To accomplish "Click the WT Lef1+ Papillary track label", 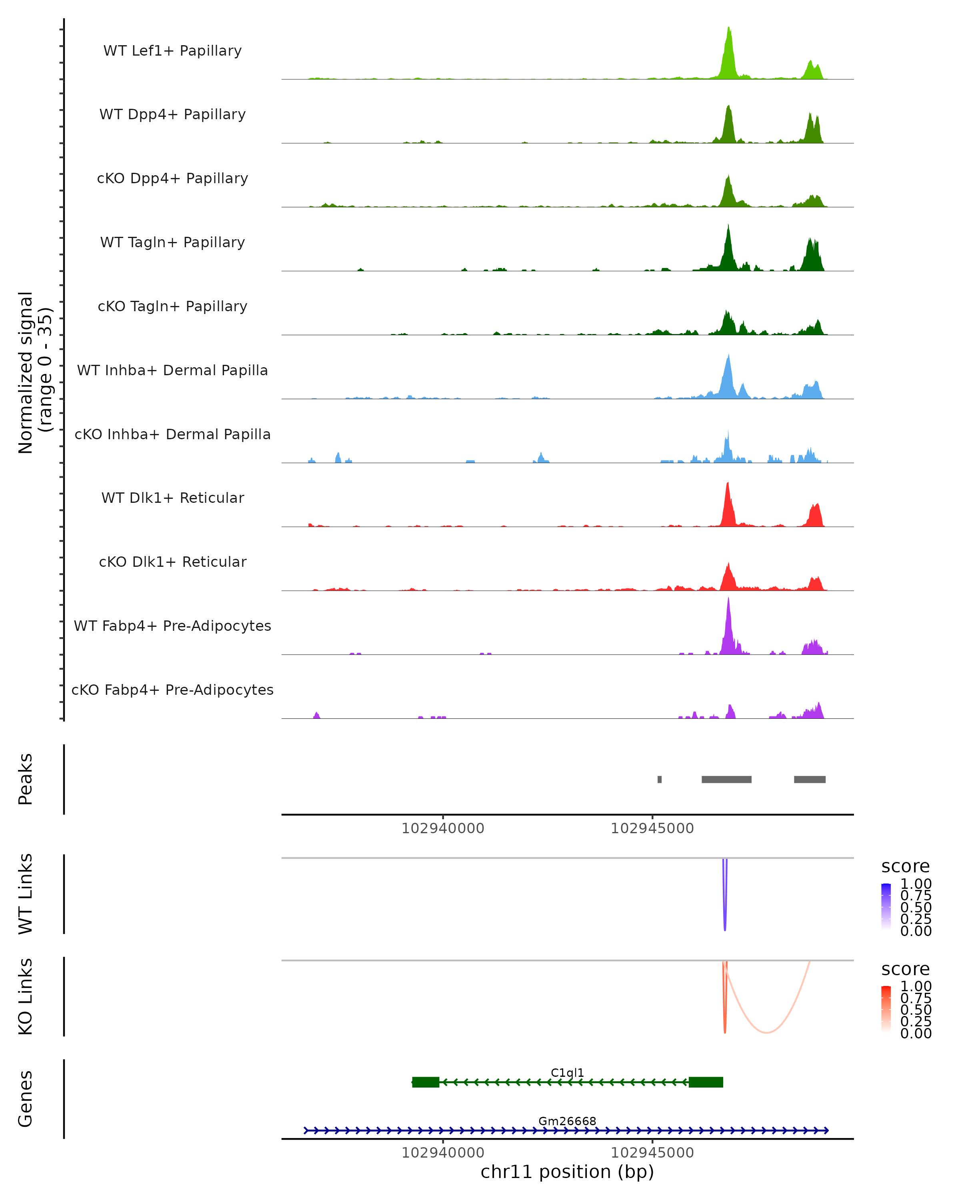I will [172, 51].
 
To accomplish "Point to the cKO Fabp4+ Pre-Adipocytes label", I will [172, 690].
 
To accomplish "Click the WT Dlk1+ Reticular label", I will [172, 498].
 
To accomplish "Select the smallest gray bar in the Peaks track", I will [660, 779].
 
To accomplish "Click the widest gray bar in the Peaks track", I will [726, 779].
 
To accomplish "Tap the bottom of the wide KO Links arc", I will [766, 1032].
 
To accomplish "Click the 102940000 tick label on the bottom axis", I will [443, 1153].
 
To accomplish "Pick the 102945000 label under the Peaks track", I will [652, 829].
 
